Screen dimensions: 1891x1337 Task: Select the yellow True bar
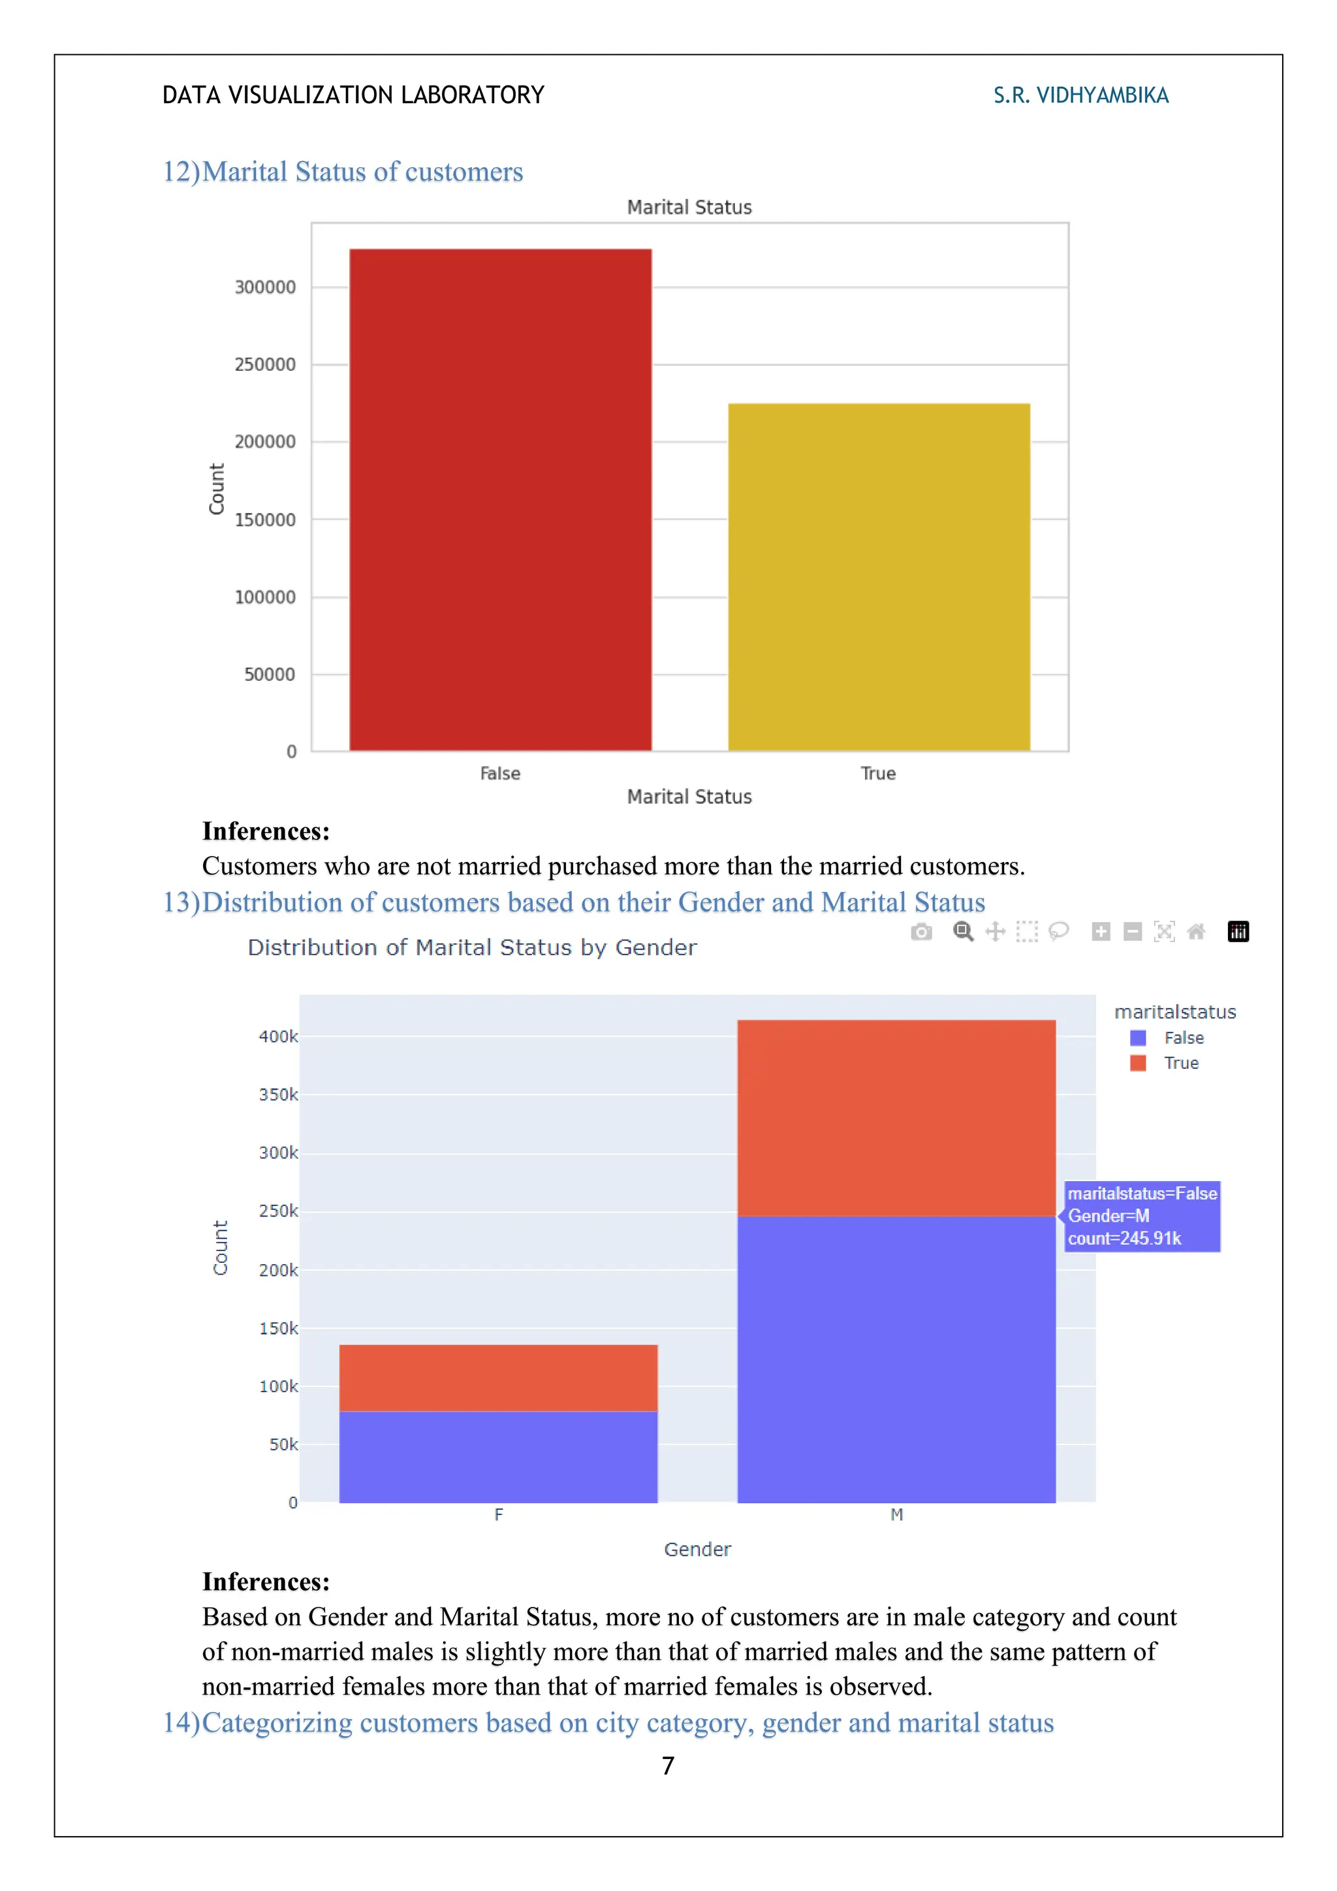879,577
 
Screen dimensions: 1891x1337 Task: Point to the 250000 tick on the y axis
264,364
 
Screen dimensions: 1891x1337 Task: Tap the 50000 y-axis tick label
268,675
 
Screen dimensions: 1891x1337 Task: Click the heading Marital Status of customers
343,171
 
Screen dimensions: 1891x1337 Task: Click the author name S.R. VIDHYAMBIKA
1080,95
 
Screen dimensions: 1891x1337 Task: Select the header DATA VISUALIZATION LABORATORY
353,95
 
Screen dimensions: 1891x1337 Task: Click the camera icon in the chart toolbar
921,932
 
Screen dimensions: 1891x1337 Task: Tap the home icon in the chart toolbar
1196,932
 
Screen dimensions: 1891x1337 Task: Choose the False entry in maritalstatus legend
1182,1038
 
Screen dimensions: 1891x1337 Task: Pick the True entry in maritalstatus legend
1180,1063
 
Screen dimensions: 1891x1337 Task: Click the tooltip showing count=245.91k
1141,1216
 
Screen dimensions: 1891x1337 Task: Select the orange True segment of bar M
896,1118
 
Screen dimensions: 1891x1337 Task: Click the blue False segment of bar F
498,1456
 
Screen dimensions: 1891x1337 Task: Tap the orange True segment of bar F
498,1378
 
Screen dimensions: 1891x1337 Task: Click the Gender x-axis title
697,1549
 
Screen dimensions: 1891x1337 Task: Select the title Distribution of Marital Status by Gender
472,947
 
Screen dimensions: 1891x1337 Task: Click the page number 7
668,1766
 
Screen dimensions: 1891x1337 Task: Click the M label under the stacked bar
896,1515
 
